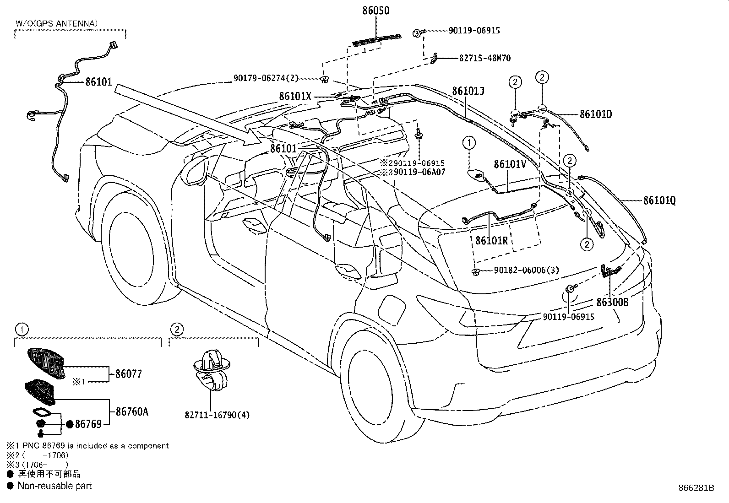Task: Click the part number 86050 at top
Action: click(376, 11)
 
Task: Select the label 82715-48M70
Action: click(485, 58)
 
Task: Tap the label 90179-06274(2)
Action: click(266, 78)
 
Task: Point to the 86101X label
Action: click(295, 96)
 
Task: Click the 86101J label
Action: click(468, 91)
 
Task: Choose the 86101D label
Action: click(596, 114)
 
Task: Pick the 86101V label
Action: click(510, 164)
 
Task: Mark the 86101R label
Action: click(491, 240)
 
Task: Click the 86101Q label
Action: click(659, 200)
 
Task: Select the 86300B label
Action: click(612, 302)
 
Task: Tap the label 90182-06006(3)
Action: click(527, 270)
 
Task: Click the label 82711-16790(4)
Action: click(217, 415)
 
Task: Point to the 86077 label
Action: click(129, 374)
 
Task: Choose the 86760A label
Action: click(132, 411)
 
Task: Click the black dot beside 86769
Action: click(70, 424)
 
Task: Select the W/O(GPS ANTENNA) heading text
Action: click(57, 23)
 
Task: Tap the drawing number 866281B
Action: click(696, 488)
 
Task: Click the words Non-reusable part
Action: click(54, 486)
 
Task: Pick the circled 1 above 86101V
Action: click(469, 142)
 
